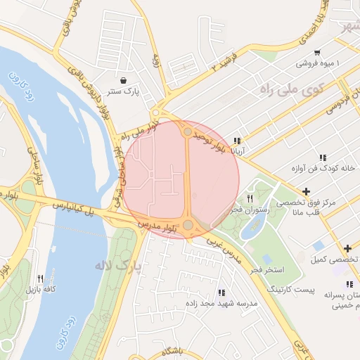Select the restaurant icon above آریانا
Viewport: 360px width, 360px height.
[x=237, y=141]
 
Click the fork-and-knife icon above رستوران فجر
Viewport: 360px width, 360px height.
[x=249, y=199]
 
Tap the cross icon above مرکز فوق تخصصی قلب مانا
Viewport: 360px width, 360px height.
[x=305, y=191]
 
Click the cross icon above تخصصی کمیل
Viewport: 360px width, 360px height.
[x=347, y=248]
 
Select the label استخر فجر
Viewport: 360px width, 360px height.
[x=271, y=270]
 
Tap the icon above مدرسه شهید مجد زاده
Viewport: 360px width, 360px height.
[x=221, y=292]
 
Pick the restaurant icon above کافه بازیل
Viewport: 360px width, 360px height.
[x=40, y=278]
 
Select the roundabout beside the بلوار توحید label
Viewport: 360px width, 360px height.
[x=188, y=131]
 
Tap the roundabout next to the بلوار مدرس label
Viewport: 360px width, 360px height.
[x=188, y=225]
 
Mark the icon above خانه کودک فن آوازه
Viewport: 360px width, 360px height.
[x=323, y=157]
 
